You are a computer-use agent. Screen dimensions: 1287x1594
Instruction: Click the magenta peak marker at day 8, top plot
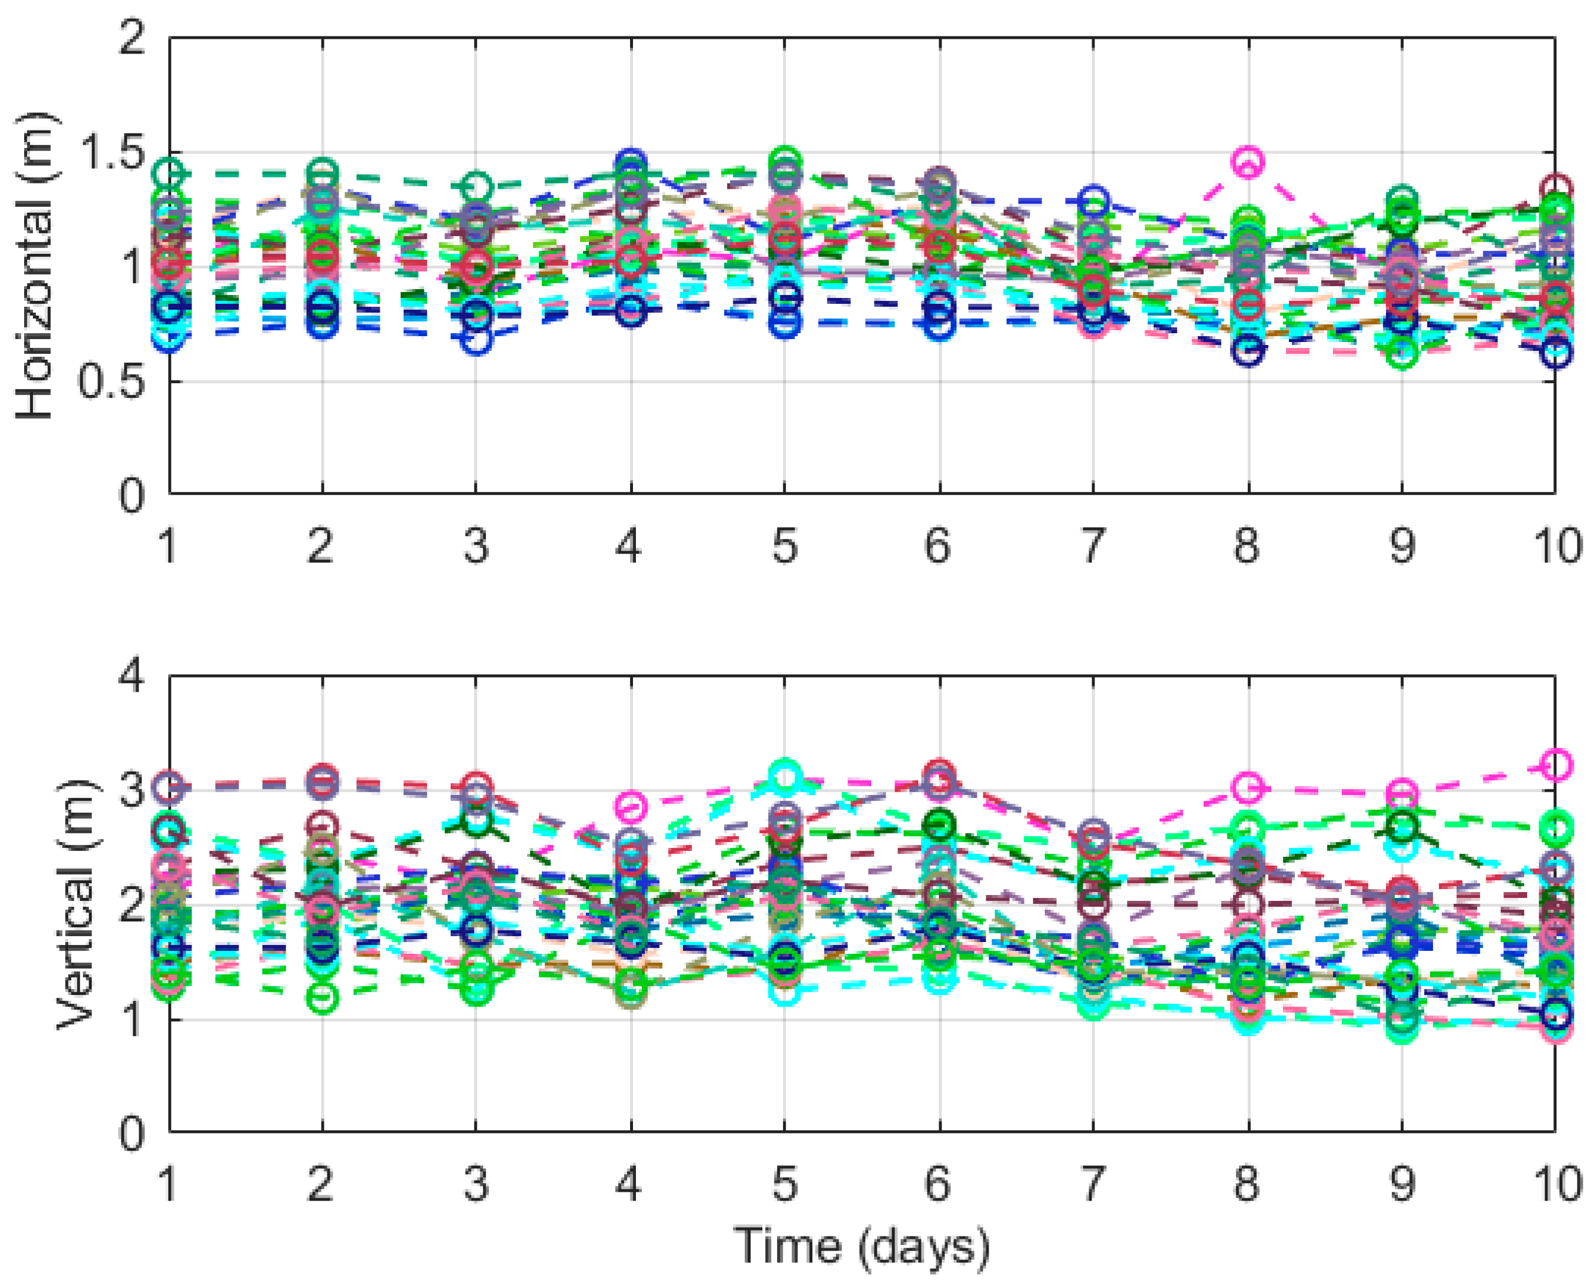[x=1248, y=162]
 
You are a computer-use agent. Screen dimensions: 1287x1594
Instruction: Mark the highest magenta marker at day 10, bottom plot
[x=1555, y=765]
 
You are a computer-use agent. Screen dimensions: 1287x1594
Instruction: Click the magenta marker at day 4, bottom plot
[x=631, y=805]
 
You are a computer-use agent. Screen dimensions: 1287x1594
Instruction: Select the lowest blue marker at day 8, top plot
[x=1248, y=350]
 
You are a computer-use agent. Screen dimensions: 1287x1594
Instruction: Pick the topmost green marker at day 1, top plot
[x=170, y=174]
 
